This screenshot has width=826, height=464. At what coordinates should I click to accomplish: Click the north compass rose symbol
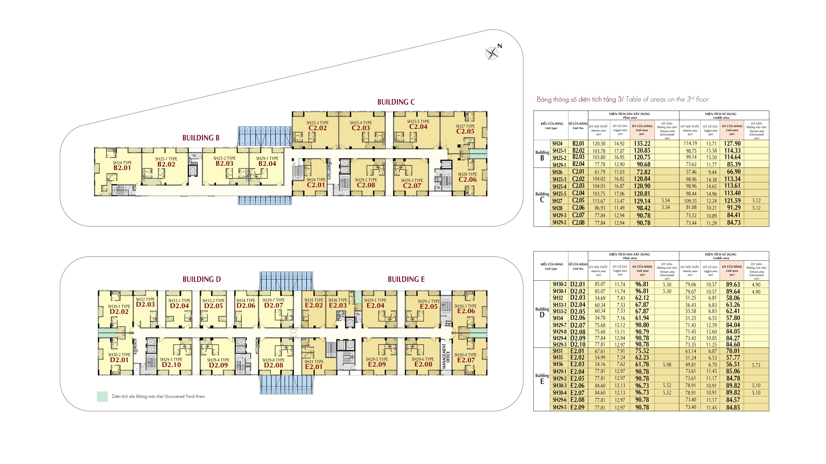pyautogui.click(x=492, y=53)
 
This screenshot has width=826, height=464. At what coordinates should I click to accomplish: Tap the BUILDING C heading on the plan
pyautogui.click(x=396, y=102)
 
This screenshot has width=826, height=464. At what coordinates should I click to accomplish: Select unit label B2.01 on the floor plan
pyautogui.click(x=122, y=168)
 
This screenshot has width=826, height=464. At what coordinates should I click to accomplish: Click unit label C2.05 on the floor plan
pyautogui.click(x=465, y=131)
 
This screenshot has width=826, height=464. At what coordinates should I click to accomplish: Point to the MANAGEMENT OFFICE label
pyautogui.click(x=446, y=356)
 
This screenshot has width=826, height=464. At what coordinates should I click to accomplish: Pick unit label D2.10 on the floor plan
pyautogui.click(x=171, y=365)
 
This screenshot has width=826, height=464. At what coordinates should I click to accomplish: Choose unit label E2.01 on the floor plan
pyautogui.click(x=314, y=367)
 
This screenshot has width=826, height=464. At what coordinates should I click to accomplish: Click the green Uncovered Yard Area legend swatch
pyautogui.click(x=102, y=397)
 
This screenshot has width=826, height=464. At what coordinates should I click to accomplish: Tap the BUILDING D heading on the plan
pyautogui.click(x=201, y=279)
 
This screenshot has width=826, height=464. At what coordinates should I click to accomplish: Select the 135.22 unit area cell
pyautogui.click(x=642, y=144)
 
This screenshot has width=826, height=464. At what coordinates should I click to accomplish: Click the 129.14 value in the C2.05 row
pyautogui.click(x=642, y=201)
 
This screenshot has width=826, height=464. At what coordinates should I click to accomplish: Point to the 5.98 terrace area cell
pyautogui.click(x=667, y=365)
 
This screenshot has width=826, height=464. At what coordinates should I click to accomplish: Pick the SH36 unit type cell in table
pyautogui.click(x=558, y=364)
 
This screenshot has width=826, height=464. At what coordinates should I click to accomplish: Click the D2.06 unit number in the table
pyautogui.click(x=578, y=318)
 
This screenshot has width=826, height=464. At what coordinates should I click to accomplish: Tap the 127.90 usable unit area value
pyautogui.click(x=732, y=144)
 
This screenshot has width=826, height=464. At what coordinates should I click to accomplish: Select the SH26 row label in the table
pyautogui.click(x=557, y=172)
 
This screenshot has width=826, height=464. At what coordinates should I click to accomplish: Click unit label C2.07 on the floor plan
pyautogui.click(x=412, y=186)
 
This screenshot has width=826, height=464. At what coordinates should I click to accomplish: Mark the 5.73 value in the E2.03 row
pyautogui.click(x=756, y=365)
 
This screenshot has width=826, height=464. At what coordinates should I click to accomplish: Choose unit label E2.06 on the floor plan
pyautogui.click(x=466, y=311)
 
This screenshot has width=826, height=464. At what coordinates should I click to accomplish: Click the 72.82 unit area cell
pyautogui.click(x=642, y=172)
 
